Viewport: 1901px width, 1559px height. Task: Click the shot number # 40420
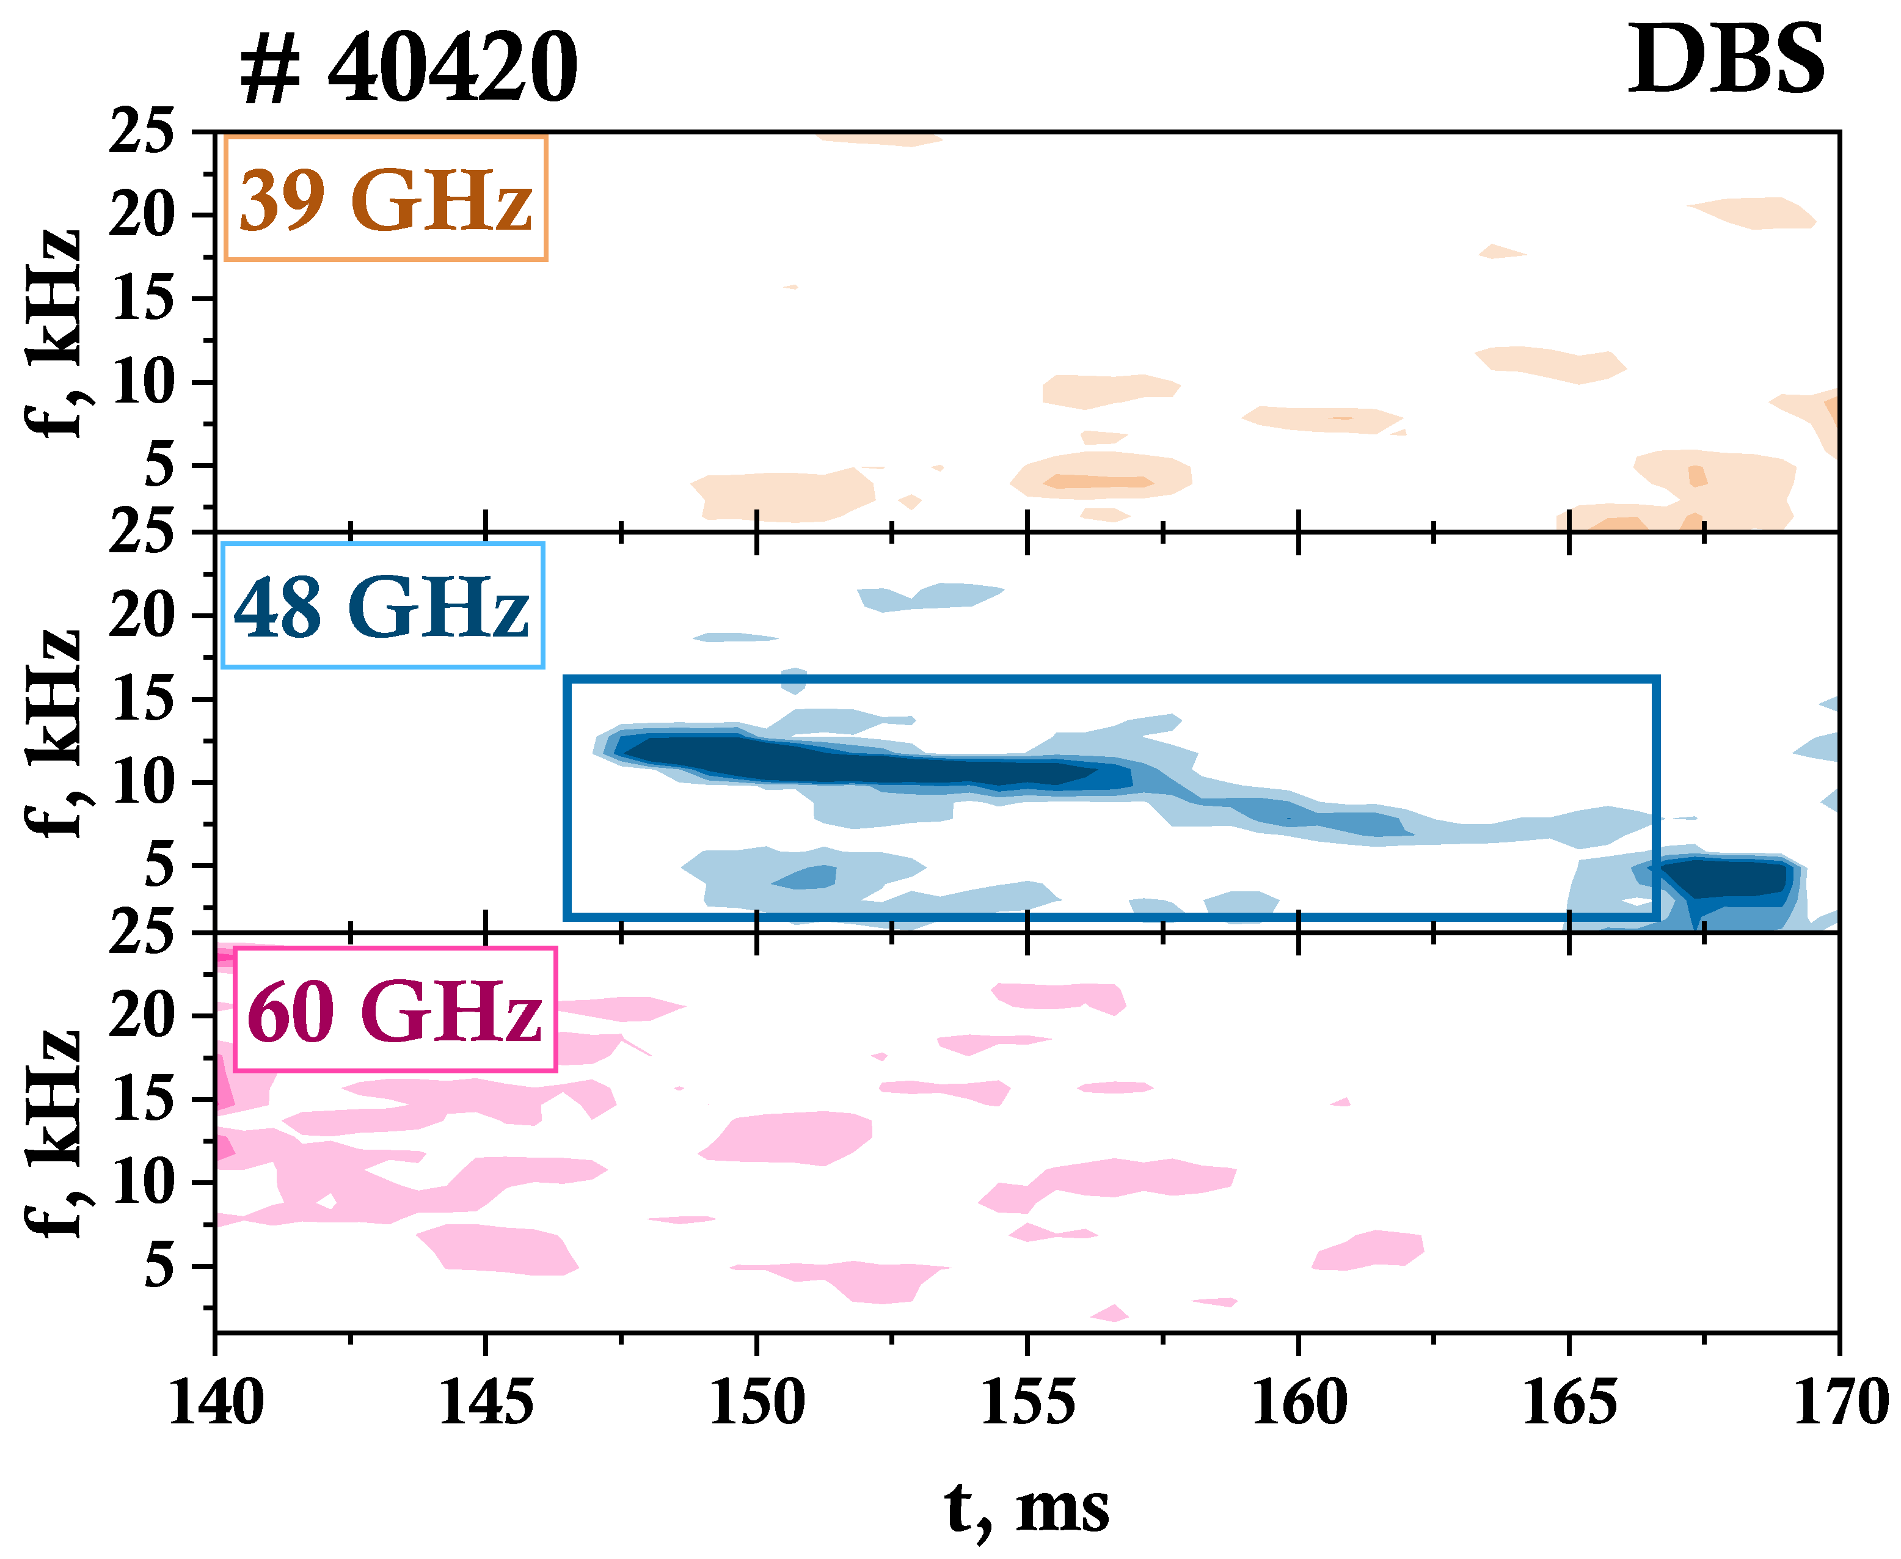pyautogui.click(x=409, y=67)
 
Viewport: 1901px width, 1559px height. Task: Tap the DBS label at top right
pyautogui.click(x=1725, y=60)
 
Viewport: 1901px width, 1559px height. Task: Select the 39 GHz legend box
pyautogui.click(x=385, y=199)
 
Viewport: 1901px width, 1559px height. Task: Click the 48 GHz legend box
pyautogui.click(x=382, y=606)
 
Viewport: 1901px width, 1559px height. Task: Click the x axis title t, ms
pyautogui.click(x=1027, y=1508)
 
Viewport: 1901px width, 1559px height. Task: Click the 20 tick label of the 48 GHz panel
pyautogui.click(x=142, y=616)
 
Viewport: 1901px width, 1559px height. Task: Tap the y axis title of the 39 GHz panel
pyautogui.click(x=52, y=332)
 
